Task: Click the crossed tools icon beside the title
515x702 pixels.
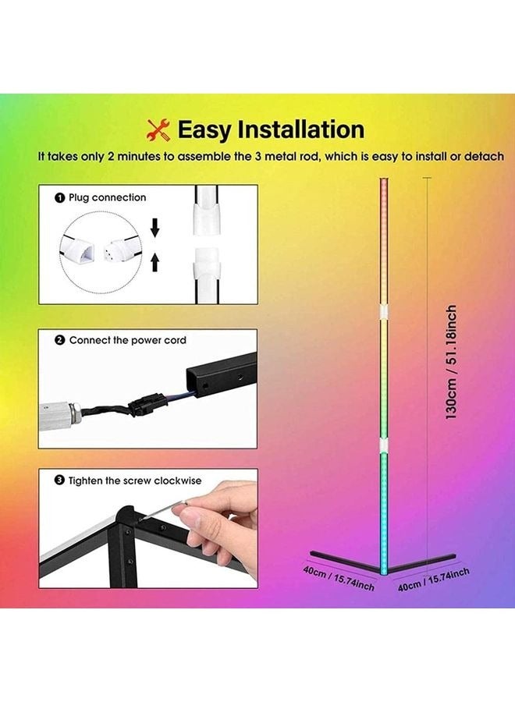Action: point(159,129)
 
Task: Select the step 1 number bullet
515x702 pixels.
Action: point(60,198)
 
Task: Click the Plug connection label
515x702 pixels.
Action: point(107,198)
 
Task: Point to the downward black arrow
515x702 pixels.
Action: point(154,227)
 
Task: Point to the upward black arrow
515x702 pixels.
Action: point(154,259)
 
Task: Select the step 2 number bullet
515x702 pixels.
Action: point(60,341)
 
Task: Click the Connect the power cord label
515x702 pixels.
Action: point(127,341)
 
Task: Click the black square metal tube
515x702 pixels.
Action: point(223,379)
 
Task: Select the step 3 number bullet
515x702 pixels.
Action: point(60,481)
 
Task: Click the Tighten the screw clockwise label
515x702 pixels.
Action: point(134,481)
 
